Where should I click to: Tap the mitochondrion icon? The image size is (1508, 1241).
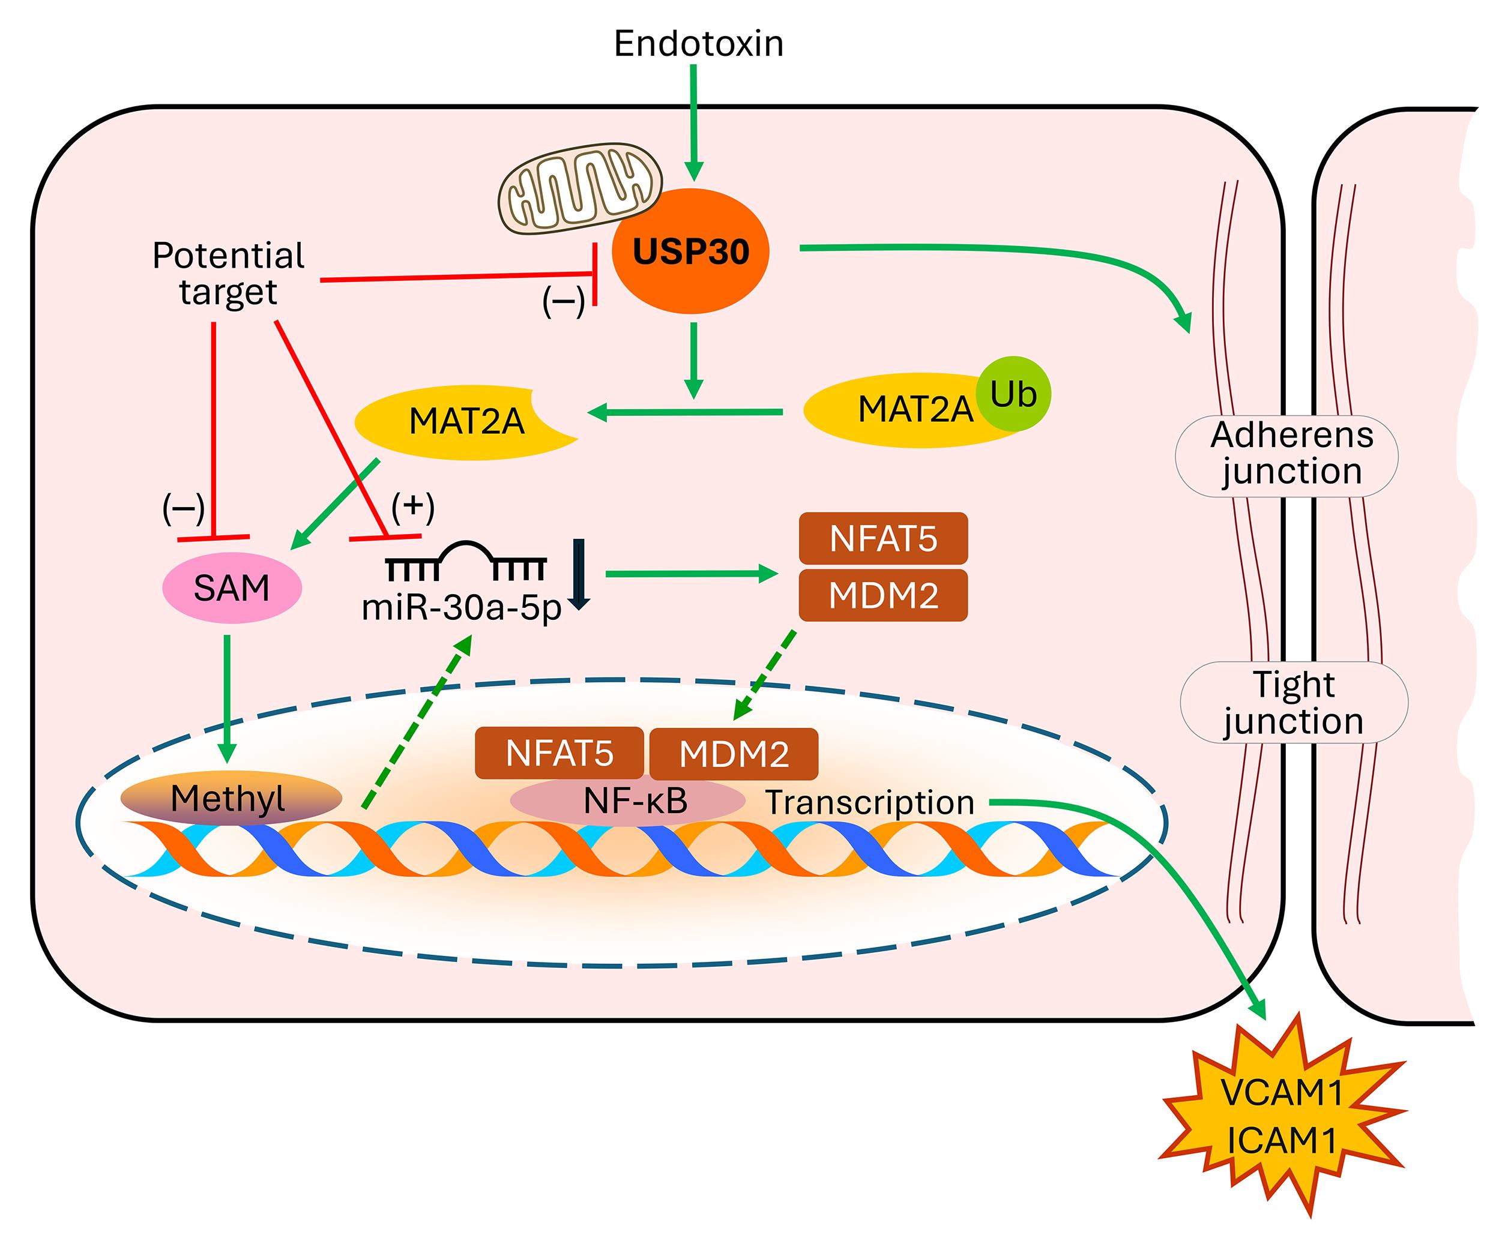(579, 188)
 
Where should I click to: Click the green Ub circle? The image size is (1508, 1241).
(1013, 394)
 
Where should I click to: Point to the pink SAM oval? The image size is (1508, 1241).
(232, 587)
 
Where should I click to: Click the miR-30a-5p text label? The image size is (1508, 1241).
(461, 608)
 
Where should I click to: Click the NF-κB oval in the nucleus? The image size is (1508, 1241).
(628, 801)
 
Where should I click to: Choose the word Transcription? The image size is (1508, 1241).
(869, 802)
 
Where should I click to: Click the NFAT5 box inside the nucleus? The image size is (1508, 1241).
(559, 753)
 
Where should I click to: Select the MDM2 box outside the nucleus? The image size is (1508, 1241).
(882, 595)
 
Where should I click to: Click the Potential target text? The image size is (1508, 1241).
(228, 274)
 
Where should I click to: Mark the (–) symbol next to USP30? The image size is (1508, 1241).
(564, 302)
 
